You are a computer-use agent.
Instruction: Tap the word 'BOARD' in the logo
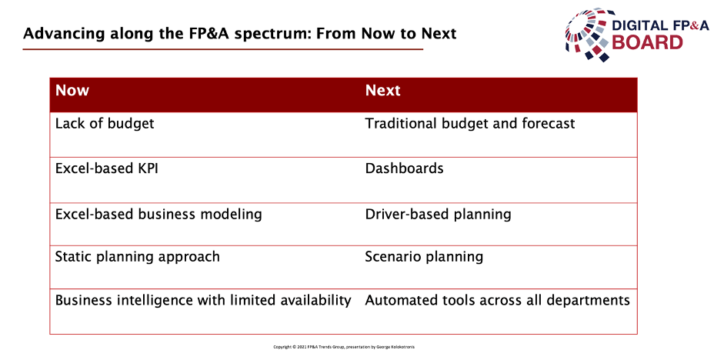click(x=647, y=42)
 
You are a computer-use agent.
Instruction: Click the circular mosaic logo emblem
click(x=591, y=34)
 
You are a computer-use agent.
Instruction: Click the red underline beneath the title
click(x=223, y=49)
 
